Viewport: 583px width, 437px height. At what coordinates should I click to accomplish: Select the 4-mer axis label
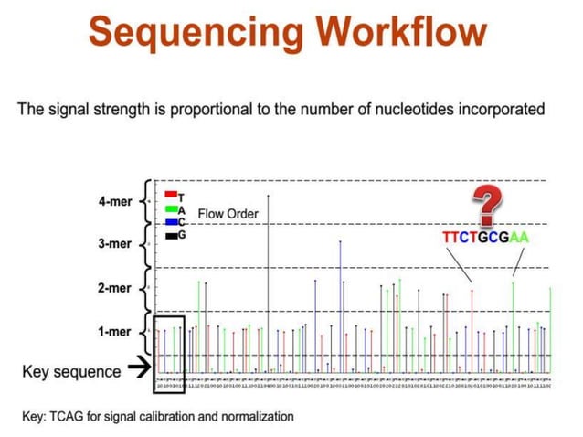(115, 201)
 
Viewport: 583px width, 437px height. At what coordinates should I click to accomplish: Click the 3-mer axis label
(115, 244)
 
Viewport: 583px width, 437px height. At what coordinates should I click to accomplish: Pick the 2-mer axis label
(115, 288)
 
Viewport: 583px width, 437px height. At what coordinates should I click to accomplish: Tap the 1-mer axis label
(115, 332)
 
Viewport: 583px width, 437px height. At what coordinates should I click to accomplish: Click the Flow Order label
(228, 215)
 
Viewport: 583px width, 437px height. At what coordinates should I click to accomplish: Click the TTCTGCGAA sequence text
(485, 238)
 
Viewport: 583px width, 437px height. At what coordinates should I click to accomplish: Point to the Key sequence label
(71, 371)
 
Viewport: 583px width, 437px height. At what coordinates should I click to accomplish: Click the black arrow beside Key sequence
(139, 369)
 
